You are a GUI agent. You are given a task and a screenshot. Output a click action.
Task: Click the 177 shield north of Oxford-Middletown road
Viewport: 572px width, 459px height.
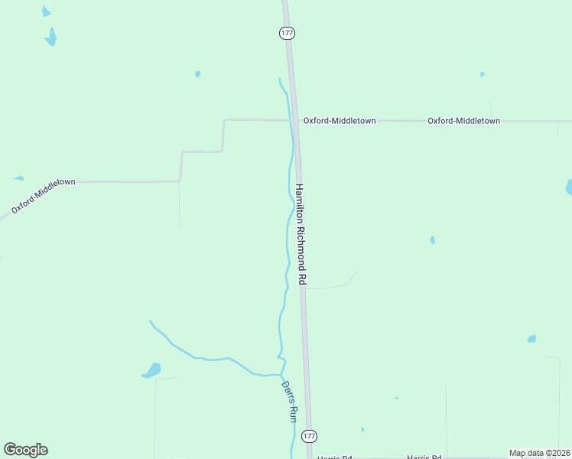287,34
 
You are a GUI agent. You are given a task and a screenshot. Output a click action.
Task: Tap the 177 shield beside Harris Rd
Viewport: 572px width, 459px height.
309,435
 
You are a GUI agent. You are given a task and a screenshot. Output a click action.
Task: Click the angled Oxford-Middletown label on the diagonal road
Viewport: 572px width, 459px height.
43,196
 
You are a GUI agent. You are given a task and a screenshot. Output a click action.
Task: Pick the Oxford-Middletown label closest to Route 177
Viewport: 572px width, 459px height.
339,121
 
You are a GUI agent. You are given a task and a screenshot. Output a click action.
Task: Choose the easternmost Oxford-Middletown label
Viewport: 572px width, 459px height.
463,121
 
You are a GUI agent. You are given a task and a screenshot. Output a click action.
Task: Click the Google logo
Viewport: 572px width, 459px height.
25,450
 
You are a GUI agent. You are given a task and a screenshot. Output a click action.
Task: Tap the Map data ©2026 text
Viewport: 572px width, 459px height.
539,453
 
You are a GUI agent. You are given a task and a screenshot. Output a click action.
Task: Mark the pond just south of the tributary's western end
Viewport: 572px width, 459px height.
152,370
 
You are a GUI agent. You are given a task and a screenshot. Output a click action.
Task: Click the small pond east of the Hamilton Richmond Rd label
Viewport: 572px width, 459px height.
432,239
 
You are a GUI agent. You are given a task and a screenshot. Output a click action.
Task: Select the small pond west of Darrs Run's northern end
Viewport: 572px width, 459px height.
197,74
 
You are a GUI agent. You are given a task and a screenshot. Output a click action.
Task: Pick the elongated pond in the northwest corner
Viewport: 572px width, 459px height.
51,37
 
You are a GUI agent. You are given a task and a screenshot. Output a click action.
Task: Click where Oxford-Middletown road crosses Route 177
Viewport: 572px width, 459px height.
296,120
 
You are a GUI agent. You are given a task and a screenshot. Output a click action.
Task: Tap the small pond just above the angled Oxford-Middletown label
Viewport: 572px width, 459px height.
18,178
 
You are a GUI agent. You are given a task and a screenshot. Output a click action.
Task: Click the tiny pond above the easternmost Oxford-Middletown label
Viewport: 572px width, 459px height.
482,74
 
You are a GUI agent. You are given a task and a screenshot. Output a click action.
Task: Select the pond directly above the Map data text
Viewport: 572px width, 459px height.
531,338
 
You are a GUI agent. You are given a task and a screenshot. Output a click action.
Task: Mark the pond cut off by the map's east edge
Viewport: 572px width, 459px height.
568,187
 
